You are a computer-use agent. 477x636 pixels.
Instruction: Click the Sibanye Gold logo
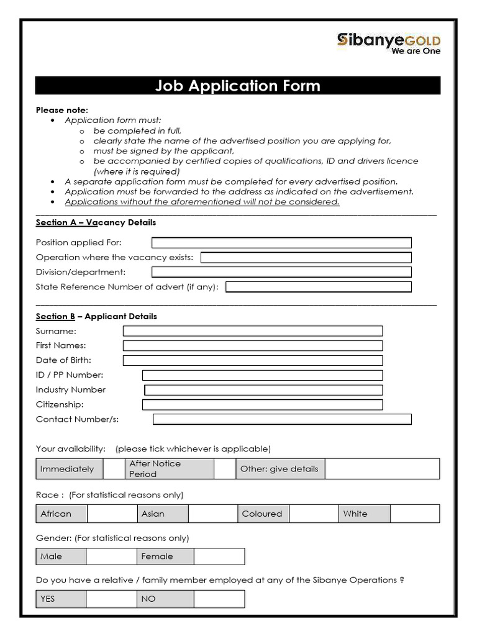[388, 43]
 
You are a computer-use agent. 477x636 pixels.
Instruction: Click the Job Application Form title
[238, 86]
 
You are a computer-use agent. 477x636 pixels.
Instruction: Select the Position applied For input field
[281, 242]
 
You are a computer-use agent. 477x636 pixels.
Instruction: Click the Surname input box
[252, 331]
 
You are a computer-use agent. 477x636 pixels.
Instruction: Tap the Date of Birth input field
[252, 360]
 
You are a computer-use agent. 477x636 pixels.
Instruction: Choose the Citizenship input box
[262, 405]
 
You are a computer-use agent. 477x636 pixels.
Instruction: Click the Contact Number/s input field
[282, 419]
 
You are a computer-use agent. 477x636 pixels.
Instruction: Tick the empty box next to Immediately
[114, 469]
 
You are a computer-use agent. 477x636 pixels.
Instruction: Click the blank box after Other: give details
[381, 469]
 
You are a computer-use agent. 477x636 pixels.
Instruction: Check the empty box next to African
[112, 514]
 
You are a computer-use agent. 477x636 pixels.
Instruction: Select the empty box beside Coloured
[314, 514]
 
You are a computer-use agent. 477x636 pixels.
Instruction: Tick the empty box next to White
[414, 514]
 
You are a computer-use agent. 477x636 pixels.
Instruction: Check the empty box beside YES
[111, 599]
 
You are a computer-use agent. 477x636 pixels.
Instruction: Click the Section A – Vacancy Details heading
[96, 222]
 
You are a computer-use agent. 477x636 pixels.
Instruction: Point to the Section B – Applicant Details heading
[96, 316]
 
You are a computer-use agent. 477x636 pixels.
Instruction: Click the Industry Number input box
[263, 390]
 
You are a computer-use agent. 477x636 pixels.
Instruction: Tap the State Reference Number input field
[318, 287]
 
